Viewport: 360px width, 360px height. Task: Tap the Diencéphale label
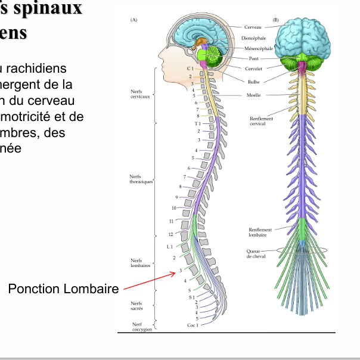(254, 38)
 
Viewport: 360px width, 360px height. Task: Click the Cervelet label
(254, 70)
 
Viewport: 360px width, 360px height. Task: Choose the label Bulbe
(253, 82)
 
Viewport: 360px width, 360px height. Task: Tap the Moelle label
(253, 95)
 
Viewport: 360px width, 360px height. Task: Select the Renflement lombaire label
(260, 232)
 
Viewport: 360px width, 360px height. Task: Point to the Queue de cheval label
(256, 253)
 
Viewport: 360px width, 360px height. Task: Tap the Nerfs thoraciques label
(141, 179)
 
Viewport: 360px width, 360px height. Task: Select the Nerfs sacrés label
(136, 306)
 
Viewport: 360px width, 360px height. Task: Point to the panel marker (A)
(134, 20)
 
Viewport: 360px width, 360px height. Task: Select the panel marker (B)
(276, 20)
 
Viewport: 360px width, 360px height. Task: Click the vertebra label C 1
(190, 69)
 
